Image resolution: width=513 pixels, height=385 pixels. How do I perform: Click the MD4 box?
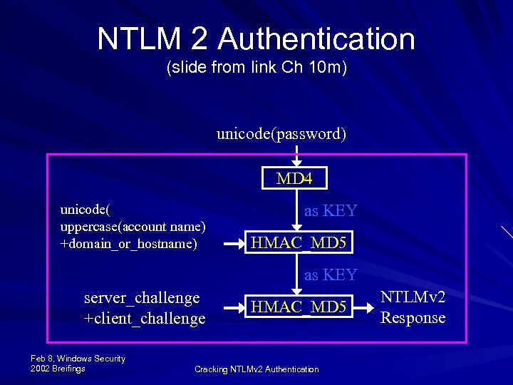(294, 178)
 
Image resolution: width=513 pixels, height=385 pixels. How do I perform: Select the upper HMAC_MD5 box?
(299, 244)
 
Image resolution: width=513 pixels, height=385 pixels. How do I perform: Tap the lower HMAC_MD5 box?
(299, 307)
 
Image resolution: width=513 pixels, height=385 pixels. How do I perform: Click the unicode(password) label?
(281, 134)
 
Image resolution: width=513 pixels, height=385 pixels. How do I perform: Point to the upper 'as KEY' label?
(331, 210)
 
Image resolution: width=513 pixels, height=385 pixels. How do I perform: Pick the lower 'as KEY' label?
(331, 274)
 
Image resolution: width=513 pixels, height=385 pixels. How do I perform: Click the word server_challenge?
(142, 297)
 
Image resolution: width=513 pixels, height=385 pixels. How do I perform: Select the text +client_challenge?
(145, 318)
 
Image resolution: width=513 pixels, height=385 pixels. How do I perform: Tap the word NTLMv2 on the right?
(413, 297)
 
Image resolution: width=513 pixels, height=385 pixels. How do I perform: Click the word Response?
(413, 317)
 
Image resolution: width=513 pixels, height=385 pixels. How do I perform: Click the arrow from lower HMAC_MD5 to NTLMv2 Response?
(365, 307)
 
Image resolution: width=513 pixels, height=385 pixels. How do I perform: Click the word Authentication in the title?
(316, 39)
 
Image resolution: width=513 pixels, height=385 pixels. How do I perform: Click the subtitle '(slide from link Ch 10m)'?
(256, 69)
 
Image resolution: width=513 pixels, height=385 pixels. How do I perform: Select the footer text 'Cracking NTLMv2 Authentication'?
(256, 369)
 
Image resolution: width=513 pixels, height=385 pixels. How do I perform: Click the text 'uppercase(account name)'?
(133, 227)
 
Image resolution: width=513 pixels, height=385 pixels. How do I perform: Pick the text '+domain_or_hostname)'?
(128, 243)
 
